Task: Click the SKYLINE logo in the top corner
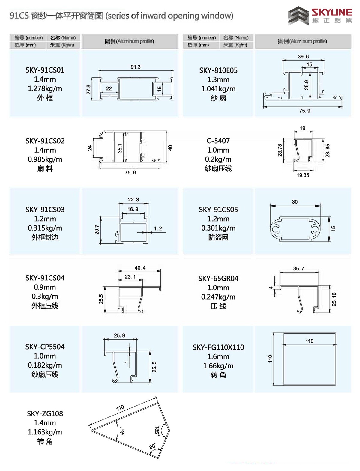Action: coord(320,16)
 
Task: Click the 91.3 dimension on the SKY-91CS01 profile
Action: coord(136,67)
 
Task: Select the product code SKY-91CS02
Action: coord(45,141)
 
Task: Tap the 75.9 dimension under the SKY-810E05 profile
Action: coord(304,111)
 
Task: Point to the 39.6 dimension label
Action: coord(303,57)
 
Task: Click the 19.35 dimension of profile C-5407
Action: coord(303,175)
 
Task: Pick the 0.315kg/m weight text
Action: coord(45,228)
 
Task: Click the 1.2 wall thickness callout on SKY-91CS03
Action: coord(158,228)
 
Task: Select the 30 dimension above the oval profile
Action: coord(295,202)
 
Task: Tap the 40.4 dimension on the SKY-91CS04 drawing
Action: coord(140,268)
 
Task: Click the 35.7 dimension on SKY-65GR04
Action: coord(298,269)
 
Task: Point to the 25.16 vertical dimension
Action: coord(334,299)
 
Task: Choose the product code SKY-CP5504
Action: coord(45,347)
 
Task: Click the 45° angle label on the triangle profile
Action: coord(122,431)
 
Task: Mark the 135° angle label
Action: coord(157,431)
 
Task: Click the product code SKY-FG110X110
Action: coord(218,347)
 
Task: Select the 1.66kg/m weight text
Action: coord(218,366)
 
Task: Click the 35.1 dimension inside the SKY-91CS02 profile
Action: coord(120,148)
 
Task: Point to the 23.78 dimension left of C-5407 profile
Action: coord(280,150)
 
